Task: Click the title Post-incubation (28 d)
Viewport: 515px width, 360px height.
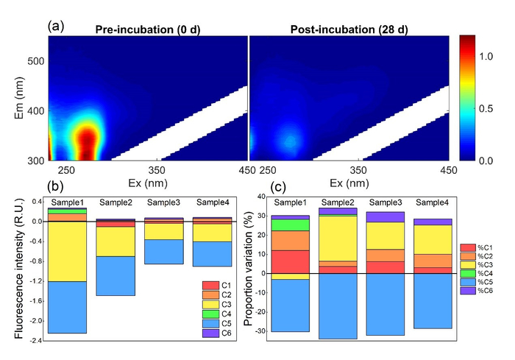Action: [349, 29]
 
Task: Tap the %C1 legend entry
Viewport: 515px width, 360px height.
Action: [467, 248]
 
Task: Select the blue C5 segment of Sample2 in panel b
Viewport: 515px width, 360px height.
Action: [116, 275]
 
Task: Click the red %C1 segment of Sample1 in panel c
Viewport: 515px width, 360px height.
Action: [290, 261]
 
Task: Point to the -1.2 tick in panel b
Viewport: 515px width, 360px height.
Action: [35, 281]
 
